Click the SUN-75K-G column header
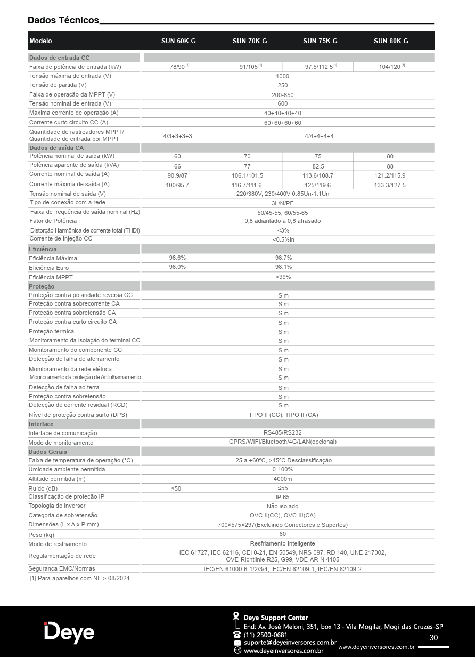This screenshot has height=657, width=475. [320, 41]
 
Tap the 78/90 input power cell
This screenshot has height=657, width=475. [177, 67]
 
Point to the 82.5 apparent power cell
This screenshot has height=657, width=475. [318, 166]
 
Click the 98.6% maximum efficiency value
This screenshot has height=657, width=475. [177, 258]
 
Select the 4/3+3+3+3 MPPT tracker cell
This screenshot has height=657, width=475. [177, 136]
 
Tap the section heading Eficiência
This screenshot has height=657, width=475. [43, 249]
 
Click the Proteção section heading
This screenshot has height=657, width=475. [42, 286]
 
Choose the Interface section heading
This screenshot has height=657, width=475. [41, 424]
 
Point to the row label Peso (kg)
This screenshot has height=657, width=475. [42, 535]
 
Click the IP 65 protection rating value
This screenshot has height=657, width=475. [283, 497]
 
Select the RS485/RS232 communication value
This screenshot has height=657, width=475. [283, 432]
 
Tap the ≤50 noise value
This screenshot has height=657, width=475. [176, 488]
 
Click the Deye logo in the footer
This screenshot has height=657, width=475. [69, 632]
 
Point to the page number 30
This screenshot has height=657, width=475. [433, 638]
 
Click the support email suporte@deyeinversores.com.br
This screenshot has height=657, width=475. [290, 643]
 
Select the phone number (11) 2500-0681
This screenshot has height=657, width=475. [265, 635]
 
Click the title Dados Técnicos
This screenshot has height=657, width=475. [63, 20]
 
